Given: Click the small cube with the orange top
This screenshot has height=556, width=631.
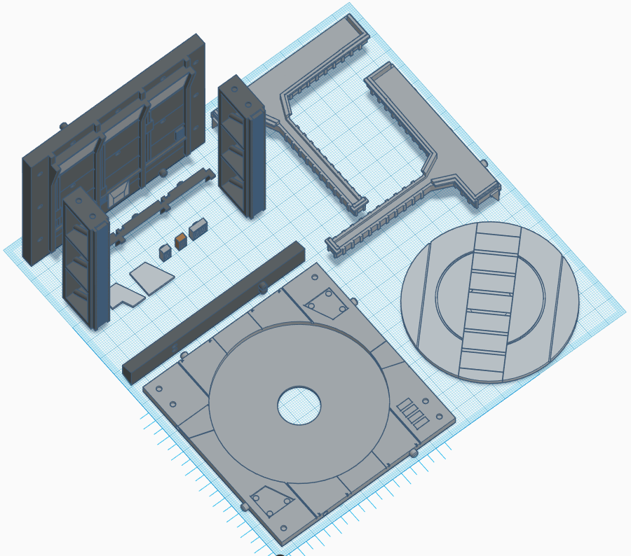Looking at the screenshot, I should (181, 242).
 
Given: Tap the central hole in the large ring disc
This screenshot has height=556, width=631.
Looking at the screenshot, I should (299, 404).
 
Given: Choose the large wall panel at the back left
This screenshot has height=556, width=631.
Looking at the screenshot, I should (116, 140).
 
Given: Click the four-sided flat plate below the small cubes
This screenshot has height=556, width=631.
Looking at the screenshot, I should (153, 277).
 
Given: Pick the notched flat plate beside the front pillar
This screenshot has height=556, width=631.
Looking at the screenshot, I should (125, 295).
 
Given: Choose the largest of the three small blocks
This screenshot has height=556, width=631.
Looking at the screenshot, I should (198, 228).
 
